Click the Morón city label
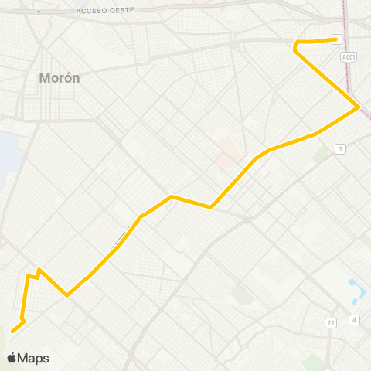(60, 78)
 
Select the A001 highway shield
(349, 56)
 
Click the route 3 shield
(339, 148)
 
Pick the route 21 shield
(330, 322)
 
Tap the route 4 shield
(354, 319)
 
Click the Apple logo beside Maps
(12, 358)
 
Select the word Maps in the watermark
(33, 358)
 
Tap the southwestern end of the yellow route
(12, 332)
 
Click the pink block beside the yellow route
(225, 161)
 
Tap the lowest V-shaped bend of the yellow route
(68, 294)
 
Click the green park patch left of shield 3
(321, 155)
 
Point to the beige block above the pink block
(228, 145)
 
